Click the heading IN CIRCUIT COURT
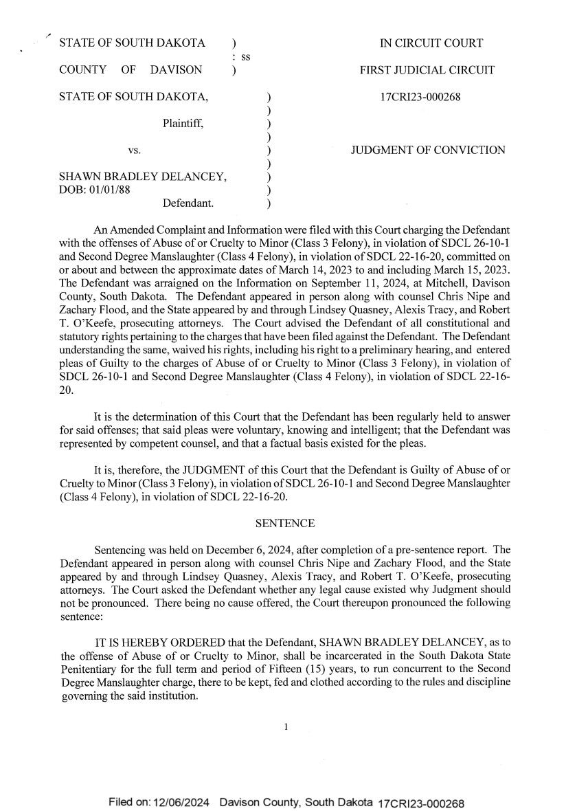tap(431, 43)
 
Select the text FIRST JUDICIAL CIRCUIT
tap(427, 70)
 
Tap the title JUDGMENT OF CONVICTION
tap(428, 151)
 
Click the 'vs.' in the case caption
tap(135, 151)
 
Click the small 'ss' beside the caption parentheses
tap(245, 56)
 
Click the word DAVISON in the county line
tap(176, 70)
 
